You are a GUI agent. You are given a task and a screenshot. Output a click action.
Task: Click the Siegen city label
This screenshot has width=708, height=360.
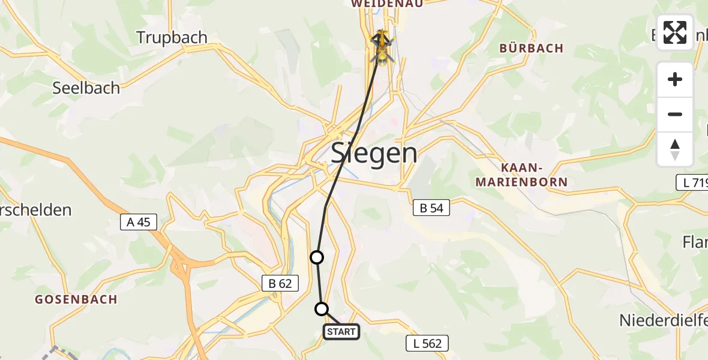point(374,154)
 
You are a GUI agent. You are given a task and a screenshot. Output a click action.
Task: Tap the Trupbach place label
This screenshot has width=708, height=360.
point(172,37)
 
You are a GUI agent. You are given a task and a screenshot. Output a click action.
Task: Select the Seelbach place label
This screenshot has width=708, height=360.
point(86,88)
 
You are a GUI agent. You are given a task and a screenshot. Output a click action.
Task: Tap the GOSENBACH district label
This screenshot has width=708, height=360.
point(76,299)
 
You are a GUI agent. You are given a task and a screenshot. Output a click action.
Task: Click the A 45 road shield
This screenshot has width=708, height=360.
point(138,222)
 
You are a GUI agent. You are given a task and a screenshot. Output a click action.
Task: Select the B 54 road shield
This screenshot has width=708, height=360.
point(431,208)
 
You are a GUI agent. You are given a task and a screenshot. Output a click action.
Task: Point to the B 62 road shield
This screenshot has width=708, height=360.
point(280,284)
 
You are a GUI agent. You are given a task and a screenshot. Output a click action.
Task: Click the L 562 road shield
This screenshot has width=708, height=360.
point(427,343)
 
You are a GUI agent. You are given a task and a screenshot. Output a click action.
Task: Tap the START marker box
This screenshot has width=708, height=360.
point(341,331)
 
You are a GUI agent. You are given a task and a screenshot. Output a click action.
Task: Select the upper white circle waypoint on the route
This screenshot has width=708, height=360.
point(316,257)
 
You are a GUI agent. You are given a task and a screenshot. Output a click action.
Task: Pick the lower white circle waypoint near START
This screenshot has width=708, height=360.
point(322,309)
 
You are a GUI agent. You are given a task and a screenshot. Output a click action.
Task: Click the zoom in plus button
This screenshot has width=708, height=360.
point(675,79)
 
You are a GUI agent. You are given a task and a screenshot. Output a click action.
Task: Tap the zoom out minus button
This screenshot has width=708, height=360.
point(675,114)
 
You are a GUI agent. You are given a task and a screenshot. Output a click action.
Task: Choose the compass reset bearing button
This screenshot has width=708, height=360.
point(675,149)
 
